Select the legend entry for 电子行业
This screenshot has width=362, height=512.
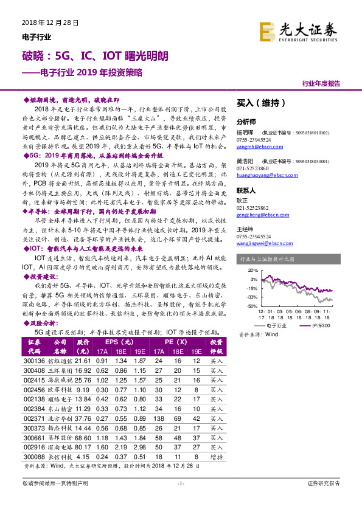coord(273,326)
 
